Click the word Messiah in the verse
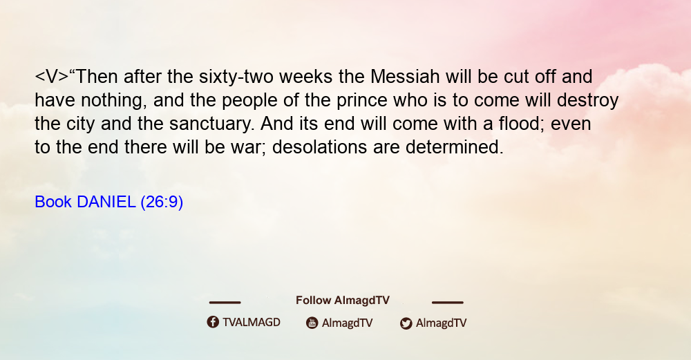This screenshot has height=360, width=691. click(404, 77)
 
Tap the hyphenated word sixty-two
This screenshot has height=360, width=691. click(236, 77)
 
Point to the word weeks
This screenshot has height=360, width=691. click(305, 77)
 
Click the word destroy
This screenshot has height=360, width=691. click(587, 101)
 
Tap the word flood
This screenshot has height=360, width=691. click(522, 124)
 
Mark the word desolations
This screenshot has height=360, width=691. click(319, 147)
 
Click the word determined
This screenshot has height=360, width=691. click(455, 147)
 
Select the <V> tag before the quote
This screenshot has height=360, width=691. click(52, 77)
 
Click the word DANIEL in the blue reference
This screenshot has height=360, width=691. click(106, 202)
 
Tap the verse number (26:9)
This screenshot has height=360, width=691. click(162, 202)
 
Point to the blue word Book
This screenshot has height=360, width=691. click(53, 202)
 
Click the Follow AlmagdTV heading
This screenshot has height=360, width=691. click(343, 301)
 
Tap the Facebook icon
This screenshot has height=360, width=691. click(213, 322)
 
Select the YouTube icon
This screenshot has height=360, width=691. click(312, 323)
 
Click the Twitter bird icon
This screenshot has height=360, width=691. click(406, 323)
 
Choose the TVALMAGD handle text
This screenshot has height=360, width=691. click(252, 323)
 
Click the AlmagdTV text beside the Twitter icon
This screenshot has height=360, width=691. click(441, 323)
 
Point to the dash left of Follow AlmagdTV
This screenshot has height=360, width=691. click(225, 302)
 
